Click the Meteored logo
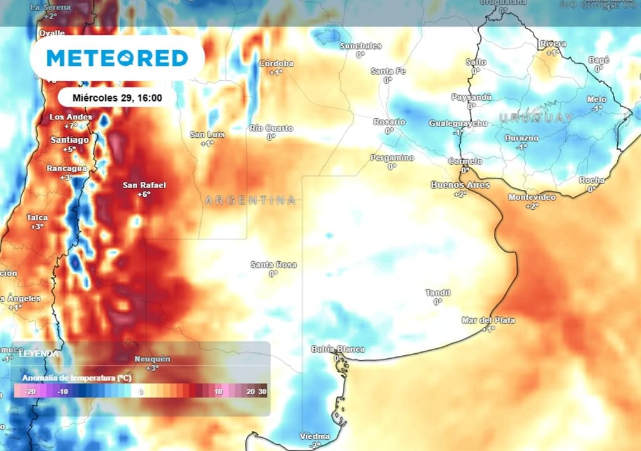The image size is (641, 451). (x=117, y=58)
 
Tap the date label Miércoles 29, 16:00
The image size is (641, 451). (x=117, y=98)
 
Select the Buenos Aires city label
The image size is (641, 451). (x=460, y=185)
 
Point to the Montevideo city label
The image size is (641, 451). (x=532, y=197)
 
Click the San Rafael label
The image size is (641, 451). (x=145, y=185)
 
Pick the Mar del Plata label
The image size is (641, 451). (x=488, y=320)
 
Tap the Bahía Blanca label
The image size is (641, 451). (x=338, y=349)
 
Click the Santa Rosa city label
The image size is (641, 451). (x=274, y=265)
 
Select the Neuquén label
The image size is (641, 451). (x=152, y=359)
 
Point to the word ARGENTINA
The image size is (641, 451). (x=250, y=200)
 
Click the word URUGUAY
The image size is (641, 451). (x=536, y=118)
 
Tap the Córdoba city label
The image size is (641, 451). (x=276, y=63)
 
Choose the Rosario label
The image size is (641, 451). (x=389, y=122)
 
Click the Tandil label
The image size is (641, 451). (x=438, y=293)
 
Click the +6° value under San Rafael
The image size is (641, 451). (x=145, y=194)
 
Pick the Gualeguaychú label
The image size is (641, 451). (x=458, y=123)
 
